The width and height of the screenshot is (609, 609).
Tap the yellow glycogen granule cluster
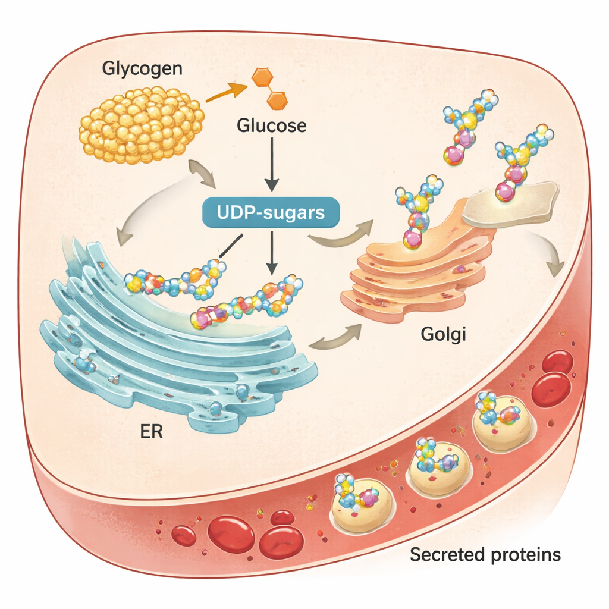click(142, 125)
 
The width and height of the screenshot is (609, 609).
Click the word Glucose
click(272, 126)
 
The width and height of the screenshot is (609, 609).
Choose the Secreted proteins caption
click(485, 555)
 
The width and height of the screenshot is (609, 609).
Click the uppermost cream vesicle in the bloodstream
click(501, 422)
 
